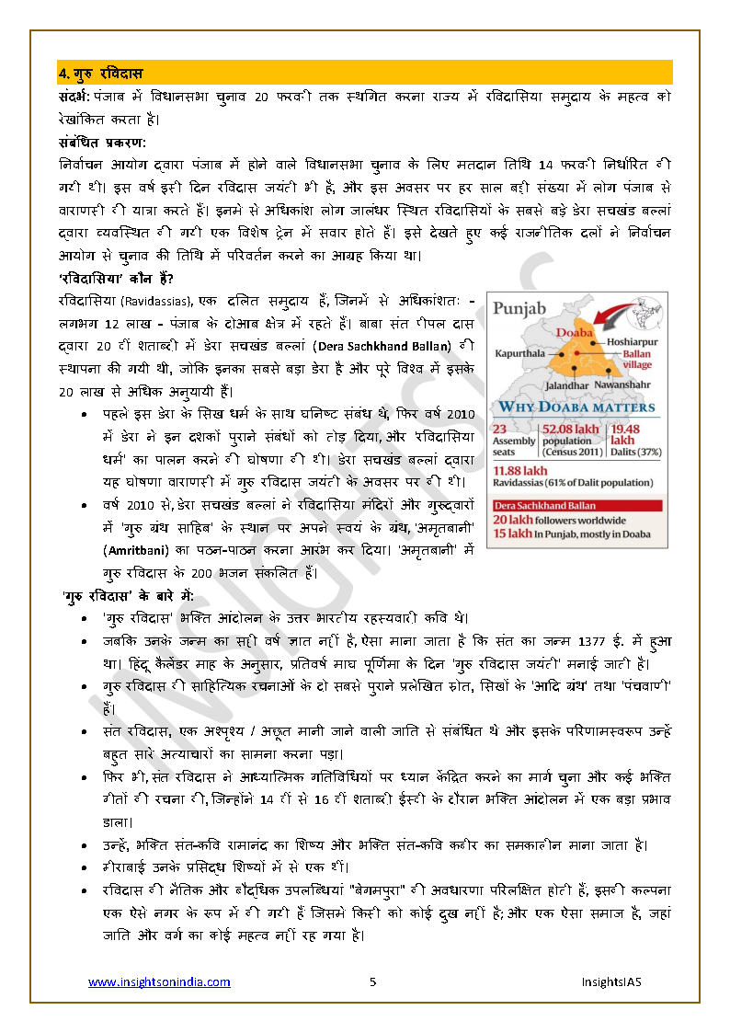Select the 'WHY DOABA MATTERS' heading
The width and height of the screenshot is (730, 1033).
576,407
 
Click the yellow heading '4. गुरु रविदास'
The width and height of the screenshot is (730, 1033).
100,73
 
